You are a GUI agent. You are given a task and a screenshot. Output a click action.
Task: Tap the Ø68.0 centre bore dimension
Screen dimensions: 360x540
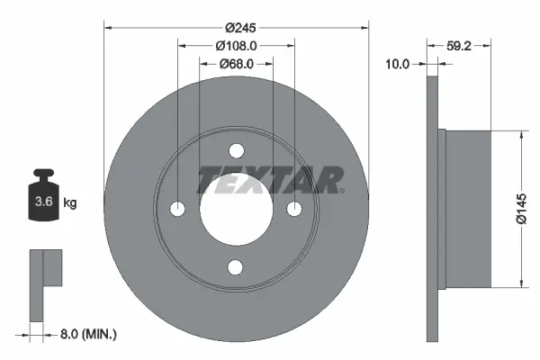(237, 63)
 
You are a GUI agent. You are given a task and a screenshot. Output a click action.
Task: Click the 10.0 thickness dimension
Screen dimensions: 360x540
(397, 64)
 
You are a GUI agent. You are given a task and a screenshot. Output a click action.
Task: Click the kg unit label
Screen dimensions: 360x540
(70, 203)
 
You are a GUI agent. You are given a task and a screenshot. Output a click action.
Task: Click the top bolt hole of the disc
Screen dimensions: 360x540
(237, 151)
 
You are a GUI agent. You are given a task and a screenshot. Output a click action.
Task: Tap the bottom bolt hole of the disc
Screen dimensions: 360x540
(237, 266)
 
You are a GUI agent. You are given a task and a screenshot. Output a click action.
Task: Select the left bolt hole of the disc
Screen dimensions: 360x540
(178, 209)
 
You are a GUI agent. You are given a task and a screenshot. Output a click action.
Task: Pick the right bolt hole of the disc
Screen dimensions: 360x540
(294, 209)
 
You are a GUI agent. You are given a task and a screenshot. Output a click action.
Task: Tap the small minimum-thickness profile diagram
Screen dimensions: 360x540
(44, 283)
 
